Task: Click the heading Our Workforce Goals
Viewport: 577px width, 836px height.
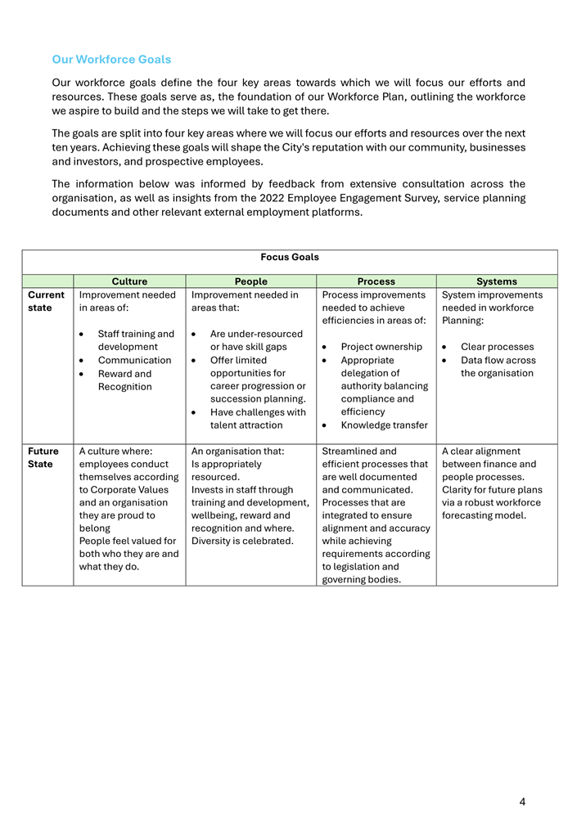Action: pos(111,60)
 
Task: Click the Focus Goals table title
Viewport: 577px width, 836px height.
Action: pos(290,257)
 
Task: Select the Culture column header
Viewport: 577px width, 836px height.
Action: pos(129,281)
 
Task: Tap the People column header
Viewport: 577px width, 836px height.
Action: pos(250,281)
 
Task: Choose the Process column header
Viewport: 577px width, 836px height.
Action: pos(376,281)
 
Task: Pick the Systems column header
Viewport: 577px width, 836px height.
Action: pos(497,281)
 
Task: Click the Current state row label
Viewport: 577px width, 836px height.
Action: pos(46,301)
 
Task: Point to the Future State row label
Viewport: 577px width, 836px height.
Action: pos(43,457)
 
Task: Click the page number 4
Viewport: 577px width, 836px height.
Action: pos(522,802)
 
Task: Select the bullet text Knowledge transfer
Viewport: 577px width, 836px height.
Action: pos(384,425)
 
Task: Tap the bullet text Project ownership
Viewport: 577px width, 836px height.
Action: pos(381,347)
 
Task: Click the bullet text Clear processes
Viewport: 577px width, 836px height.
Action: pos(497,347)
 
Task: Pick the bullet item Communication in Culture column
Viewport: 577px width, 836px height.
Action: pos(134,360)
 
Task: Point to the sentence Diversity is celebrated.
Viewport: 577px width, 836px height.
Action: pos(241,541)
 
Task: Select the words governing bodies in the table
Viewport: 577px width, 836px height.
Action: pos(361,580)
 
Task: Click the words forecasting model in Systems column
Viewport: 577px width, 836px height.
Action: pos(483,515)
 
